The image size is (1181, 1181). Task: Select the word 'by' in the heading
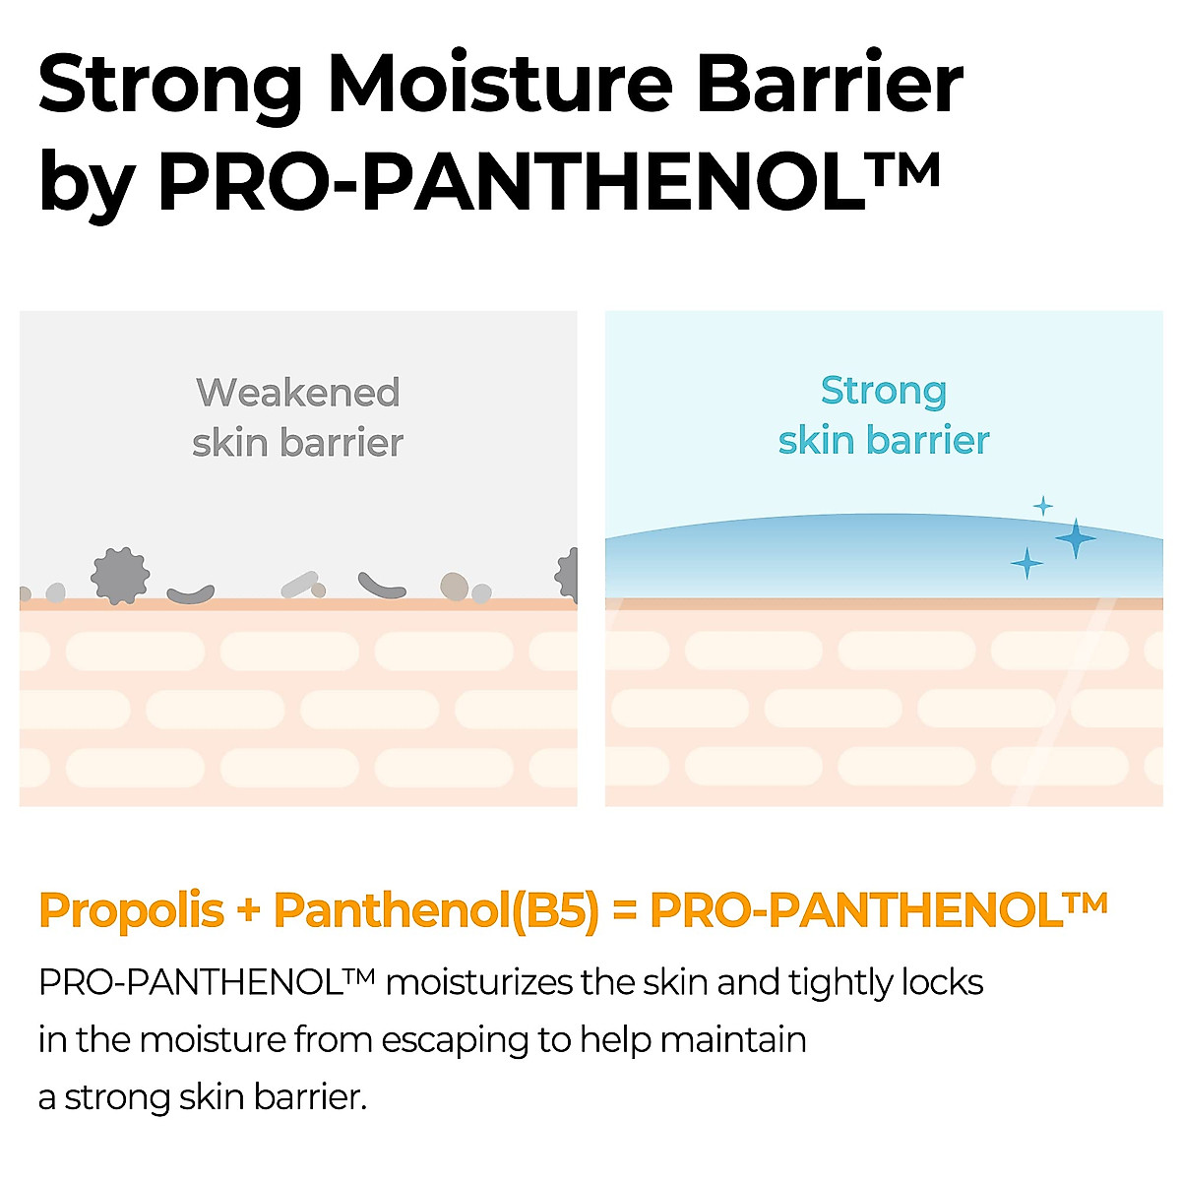(x=85, y=183)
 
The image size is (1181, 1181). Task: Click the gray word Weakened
(x=298, y=393)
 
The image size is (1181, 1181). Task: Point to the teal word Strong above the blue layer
(x=883, y=391)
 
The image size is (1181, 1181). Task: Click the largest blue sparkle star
(x=1076, y=538)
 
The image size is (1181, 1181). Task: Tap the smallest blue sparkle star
(x=1042, y=506)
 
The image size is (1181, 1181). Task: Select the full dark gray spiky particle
(x=120, y=576)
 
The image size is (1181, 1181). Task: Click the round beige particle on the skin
(x=454, y=587)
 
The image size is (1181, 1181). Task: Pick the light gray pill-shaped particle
(x=299, y=585)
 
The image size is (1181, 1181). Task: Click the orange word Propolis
(x=131, y=910)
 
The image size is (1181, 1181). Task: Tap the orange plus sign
(x=248, y=911)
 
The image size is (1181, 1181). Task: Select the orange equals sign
(x=624, y=911)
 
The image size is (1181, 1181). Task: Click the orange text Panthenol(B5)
(x=436, y=910)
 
